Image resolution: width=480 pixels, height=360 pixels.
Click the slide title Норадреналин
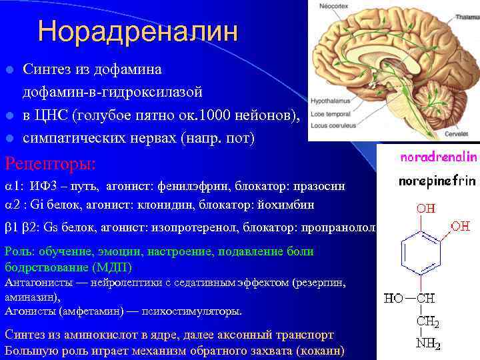point(137,31)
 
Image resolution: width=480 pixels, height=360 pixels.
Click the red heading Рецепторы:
point(50,163)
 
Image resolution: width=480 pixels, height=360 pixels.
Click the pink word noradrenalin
point(438,158)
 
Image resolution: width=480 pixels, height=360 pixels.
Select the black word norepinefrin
point(437,181)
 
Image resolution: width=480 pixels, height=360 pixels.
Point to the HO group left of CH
point(393,298)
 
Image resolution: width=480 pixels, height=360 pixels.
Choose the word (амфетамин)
point(82,311)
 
